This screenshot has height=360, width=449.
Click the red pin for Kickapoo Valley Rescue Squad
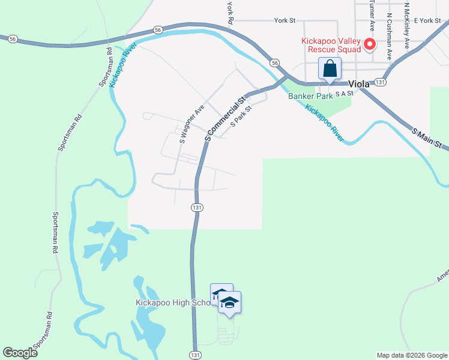(370, 44)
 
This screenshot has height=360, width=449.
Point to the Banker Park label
(310, 96)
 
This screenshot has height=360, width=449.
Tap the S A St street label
(345, 94)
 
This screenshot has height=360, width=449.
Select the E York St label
(427, 20)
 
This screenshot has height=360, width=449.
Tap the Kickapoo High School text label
(173, 302)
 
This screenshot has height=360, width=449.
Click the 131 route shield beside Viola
(379, 82)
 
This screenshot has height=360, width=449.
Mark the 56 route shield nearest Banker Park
(274, 63)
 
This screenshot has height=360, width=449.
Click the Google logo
(20, 353)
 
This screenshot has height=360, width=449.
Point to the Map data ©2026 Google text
(412, 355)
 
